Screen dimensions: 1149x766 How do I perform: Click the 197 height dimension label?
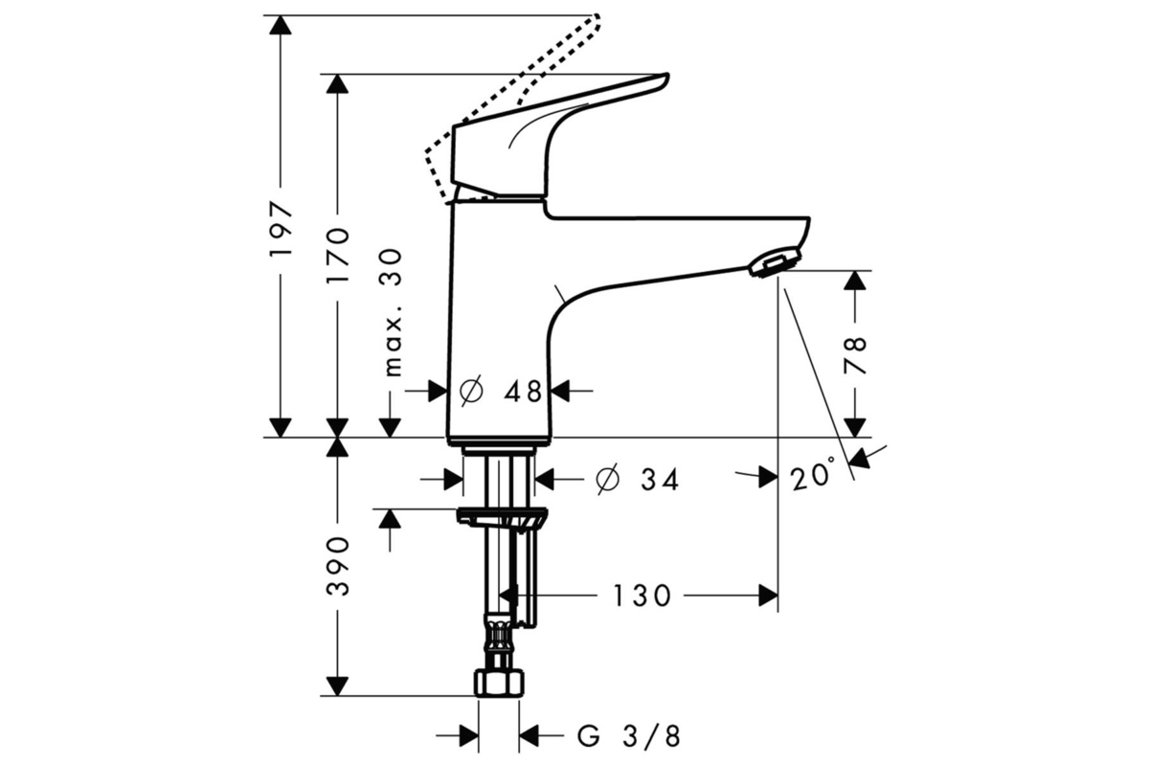[x=282, y=229]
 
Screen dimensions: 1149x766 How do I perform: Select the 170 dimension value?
[x=338, y=255]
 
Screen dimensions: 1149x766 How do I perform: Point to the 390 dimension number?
[x=338, y=567]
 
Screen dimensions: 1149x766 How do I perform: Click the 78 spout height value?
[x=855, y=355]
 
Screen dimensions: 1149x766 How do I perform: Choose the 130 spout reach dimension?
[x=642, y=597]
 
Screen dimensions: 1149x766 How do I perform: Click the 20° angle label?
[x=813, y=474]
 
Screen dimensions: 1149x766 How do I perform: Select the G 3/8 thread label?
[x=629, y=736]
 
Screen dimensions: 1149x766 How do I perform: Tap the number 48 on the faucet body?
[x=523, y=392]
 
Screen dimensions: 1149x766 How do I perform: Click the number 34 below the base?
[x=660, y=480]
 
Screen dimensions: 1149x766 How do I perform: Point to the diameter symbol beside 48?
[x=471, y=391]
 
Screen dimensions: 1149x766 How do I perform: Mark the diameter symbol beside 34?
[x=607, y=479]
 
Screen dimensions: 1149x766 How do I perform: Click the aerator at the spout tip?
[x=774, y=262]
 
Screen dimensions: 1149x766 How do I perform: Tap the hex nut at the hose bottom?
[x=499, y=684]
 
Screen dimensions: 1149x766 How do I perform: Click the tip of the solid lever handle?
[x=667, y=77]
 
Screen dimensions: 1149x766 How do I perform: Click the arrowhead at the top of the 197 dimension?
[x=280, y=25]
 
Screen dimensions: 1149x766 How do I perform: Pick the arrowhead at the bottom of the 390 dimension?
[x=337, y=687]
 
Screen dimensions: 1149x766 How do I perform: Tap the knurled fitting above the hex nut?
[x=499, y=637]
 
